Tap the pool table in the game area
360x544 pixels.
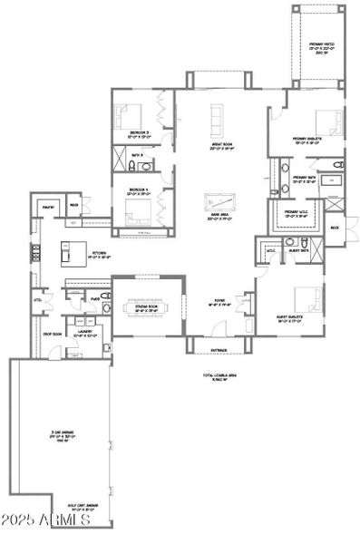[x=218, y=202]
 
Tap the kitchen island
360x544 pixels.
[x=70, y=251]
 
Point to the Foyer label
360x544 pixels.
[x=219, y=306]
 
